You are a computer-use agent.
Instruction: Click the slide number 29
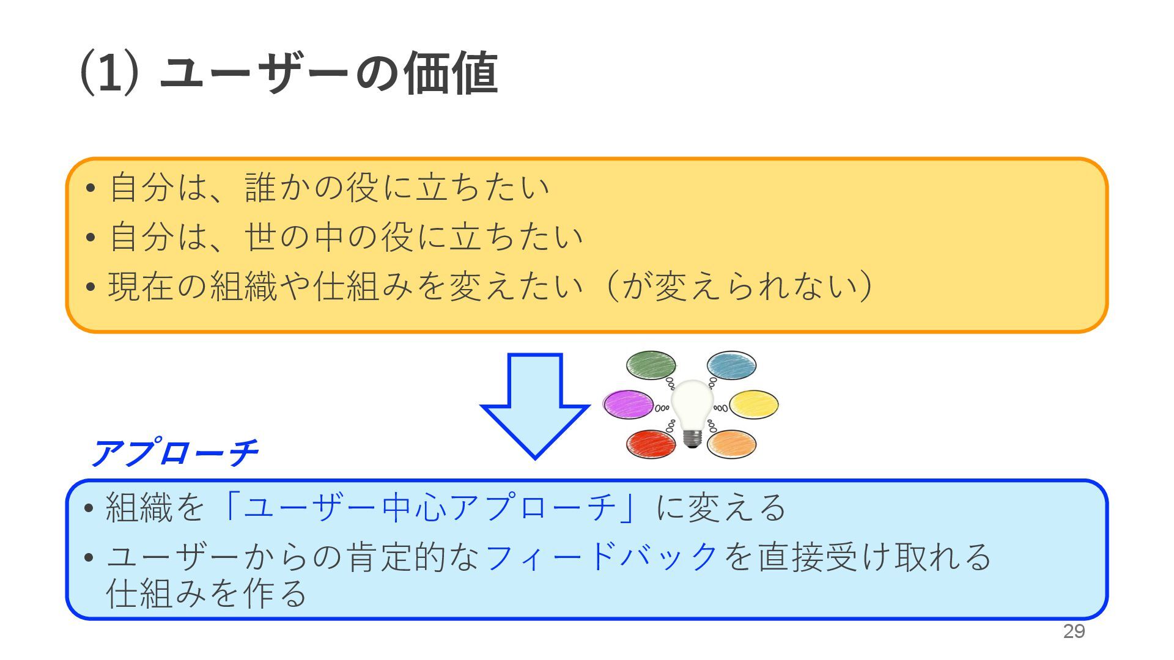tap(1074, 631)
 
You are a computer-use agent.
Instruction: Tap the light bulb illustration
tap(692, 406)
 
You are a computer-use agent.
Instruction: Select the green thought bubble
tap(651, 365)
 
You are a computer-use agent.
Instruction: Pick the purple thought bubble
tap(628, 405)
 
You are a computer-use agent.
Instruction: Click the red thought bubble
tap(651, 444)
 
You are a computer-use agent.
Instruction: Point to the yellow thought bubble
tap(755, 405)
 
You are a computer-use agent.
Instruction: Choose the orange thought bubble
tap(732, 444)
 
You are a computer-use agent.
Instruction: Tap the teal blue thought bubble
tap(732, 365)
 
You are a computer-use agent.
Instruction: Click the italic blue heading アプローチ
tap(175, 453)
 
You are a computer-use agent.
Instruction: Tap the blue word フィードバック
tap(601, 557)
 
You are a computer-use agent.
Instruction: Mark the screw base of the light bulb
tap(692, 438)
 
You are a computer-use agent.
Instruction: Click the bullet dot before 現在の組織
tap(90, 287)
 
